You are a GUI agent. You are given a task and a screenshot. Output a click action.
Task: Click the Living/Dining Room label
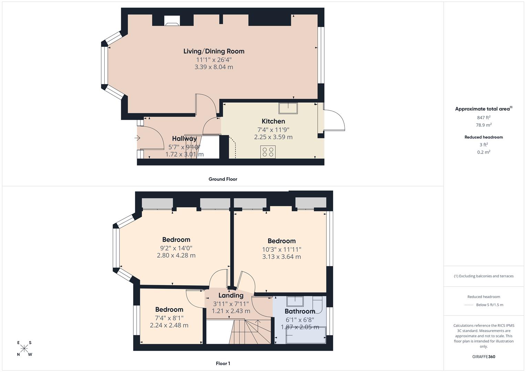[x=214, y=51]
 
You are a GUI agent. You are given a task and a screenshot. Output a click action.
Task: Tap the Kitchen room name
[x=273, y=121]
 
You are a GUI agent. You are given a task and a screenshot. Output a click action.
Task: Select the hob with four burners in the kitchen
[x=268, y=152]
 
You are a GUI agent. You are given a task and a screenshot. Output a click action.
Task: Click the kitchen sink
[x=288, y=108]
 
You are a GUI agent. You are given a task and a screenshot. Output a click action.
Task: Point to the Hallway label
[x=184, y=139]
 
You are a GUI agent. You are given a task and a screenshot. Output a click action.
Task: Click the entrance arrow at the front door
[x=137, y=138]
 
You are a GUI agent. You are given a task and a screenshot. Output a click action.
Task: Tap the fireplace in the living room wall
[x=172, y=21]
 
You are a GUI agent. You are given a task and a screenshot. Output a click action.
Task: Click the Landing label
[x=231, y=296]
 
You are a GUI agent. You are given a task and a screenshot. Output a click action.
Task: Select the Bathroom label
[x=300, y=311]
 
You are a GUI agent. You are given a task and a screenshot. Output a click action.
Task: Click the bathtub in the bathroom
[x=306, y=335]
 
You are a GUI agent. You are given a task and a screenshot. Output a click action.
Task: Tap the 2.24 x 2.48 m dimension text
[x=169, y=325]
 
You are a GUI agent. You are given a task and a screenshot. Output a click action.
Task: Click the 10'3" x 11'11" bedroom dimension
[x=281, y=249]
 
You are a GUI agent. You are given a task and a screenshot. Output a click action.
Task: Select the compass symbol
[x=24, y=348]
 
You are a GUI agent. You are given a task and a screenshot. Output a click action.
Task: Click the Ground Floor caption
[x=223, y=179]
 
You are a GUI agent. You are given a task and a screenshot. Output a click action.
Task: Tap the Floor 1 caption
[x=223, y=363]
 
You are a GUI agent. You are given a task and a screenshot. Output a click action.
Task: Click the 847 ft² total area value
[x=483, y=117]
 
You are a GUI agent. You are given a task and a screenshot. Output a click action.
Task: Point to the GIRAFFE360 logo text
[x=484, y=356]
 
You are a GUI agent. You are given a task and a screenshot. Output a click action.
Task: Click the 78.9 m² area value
[x=483, y=125]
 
